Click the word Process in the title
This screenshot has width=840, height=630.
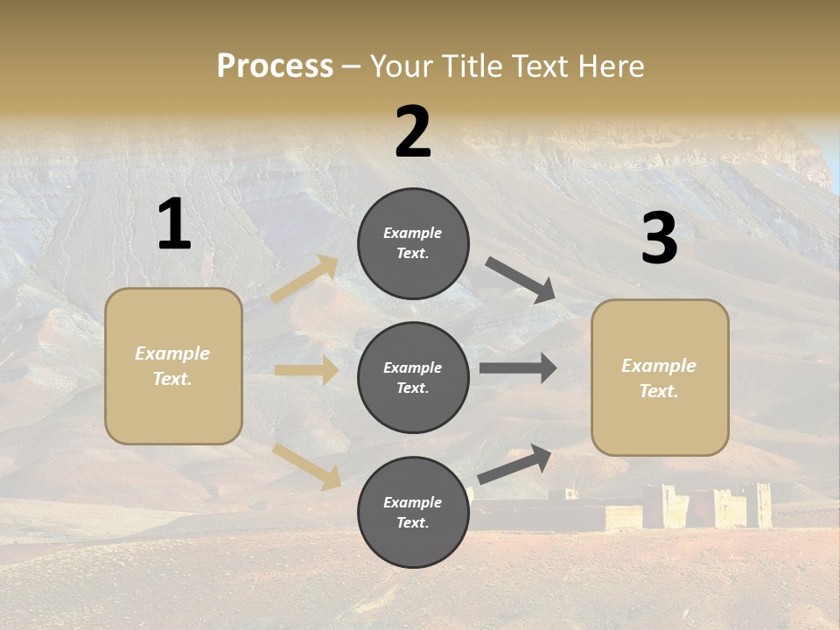(275, 66)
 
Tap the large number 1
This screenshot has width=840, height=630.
(174, 224)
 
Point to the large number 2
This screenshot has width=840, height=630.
(413, 131)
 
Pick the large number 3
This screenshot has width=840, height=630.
(659, 238)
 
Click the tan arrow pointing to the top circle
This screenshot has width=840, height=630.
(304, 278)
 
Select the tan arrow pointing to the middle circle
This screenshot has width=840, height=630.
(306, 370)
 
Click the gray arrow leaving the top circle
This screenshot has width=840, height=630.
(521, 280)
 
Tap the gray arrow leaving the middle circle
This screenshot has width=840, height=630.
(518, 368)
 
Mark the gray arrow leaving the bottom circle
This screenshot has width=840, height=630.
(515, 464)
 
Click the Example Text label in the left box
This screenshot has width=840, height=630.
(172, 366)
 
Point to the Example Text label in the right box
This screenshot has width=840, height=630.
(659, 378)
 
